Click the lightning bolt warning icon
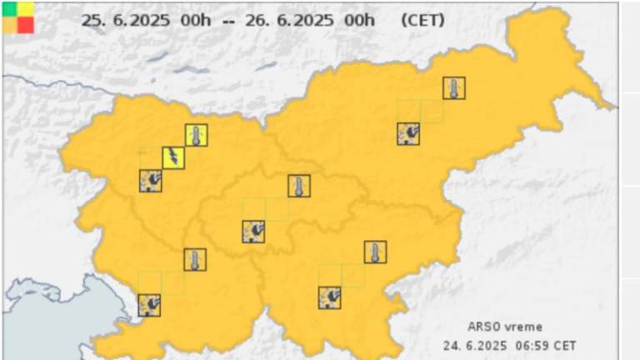[173, 157]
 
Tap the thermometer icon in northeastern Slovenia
[454, 88]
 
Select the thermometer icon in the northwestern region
[196, 135]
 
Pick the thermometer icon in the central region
[298, 186]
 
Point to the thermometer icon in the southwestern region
[195, 259]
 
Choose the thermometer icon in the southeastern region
[375, 252]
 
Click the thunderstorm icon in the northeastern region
[408, 133]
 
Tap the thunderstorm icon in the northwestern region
[150, 180]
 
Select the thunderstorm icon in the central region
[253, 231]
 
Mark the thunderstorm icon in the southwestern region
[149, 305]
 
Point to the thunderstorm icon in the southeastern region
[329, 297]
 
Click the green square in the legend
[9, 8]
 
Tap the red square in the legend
[26, 25]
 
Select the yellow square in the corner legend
[26, 8]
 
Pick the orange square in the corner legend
[9, 25]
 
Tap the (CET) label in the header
[422, 20]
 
